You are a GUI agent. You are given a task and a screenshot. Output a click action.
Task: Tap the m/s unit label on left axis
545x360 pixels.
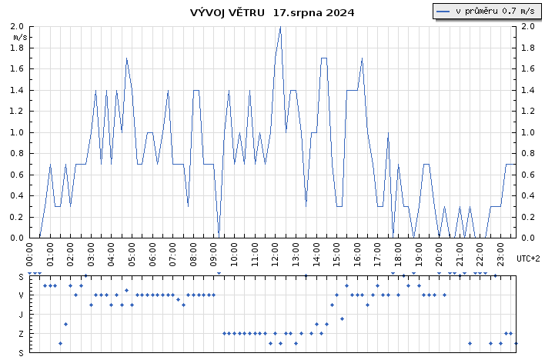[x=21, y=36]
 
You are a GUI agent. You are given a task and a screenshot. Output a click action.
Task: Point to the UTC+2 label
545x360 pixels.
[x=528, y=258]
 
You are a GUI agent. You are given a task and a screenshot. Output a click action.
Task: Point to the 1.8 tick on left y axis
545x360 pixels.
[x=17, y=48]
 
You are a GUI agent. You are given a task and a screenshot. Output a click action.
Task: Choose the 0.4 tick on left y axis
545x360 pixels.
[x=17, y=195]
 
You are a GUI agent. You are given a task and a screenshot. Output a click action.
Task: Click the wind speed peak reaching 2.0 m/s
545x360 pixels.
[x=280, y=27]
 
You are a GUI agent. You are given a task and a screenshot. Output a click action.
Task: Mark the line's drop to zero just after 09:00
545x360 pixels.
[x=219, y=236]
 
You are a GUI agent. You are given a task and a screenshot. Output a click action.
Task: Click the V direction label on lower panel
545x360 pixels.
[x=21, y=295]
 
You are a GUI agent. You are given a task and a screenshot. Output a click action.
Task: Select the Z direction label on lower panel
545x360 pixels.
[x=21, y=333]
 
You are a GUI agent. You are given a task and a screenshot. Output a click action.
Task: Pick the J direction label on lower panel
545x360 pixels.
[x=21, y=315]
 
